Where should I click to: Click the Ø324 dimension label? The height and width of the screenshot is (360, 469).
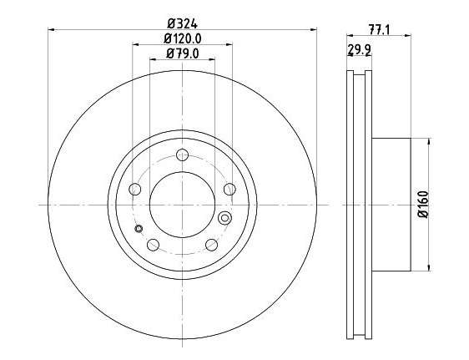pos(183,23)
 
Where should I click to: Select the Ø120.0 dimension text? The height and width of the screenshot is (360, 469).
pos(183,38)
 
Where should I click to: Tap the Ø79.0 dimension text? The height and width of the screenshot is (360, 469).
pos(183,53)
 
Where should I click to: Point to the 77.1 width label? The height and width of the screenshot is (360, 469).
pos(379,30)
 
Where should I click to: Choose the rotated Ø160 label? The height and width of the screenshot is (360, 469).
pos(424,205)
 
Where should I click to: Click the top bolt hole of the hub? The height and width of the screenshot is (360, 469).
pos(182,155)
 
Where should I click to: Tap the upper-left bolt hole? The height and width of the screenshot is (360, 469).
pos(135,189)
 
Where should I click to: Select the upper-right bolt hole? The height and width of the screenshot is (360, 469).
pos(229,189)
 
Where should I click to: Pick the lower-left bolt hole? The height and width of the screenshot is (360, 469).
pos(154,245)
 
